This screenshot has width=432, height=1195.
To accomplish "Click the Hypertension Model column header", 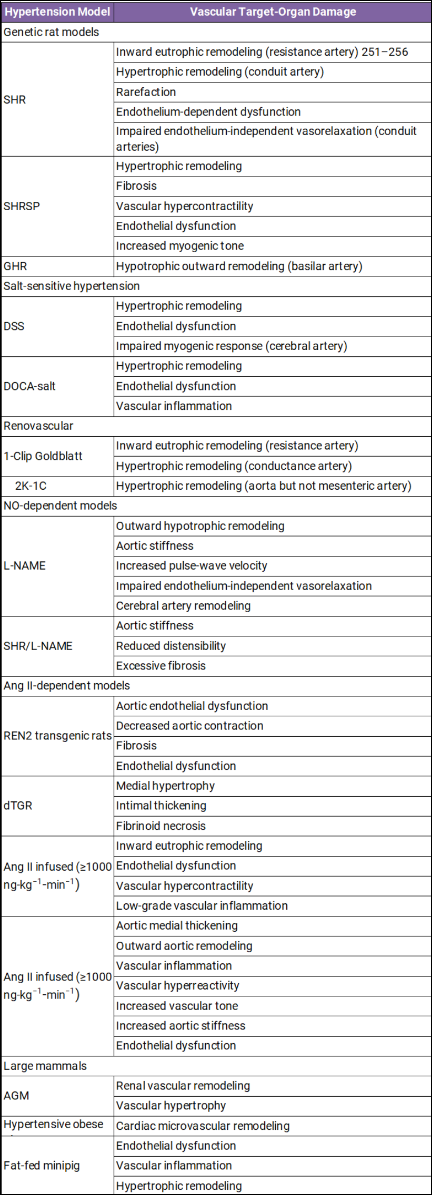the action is [57, 12].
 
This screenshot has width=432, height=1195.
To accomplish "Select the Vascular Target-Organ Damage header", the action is [273, 12].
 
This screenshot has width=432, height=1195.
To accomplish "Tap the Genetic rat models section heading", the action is [51, 32].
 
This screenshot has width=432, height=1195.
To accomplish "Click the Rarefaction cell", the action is [146, 92].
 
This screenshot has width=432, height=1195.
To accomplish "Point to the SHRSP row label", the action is [22, 206].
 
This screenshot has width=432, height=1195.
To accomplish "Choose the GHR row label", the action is [15, 266].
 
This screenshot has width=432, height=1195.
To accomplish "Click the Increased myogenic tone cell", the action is [179, 246].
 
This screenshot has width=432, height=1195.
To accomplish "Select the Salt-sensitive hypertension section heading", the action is [72, 286].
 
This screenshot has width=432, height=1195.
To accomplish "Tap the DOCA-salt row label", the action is [29, 386].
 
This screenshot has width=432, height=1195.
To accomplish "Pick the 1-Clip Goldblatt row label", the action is [43, 456].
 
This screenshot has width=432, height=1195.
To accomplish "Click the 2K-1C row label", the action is [31, 486].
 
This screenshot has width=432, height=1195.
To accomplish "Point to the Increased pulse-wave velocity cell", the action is [192, 566].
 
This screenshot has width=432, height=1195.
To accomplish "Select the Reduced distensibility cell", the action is [171, 646].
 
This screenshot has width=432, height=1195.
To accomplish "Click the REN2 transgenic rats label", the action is [57, 736].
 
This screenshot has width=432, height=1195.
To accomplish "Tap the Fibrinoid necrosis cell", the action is [160, 826].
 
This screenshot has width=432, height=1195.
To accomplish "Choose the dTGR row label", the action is [18, 806].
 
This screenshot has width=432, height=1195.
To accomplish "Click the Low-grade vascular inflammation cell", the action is [202, 905].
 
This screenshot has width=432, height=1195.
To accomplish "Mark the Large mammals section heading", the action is [45, 1066].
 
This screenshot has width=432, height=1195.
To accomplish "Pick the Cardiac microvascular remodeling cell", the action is [203, 1126].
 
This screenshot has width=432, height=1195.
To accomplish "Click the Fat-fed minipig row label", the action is [42, 1166].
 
